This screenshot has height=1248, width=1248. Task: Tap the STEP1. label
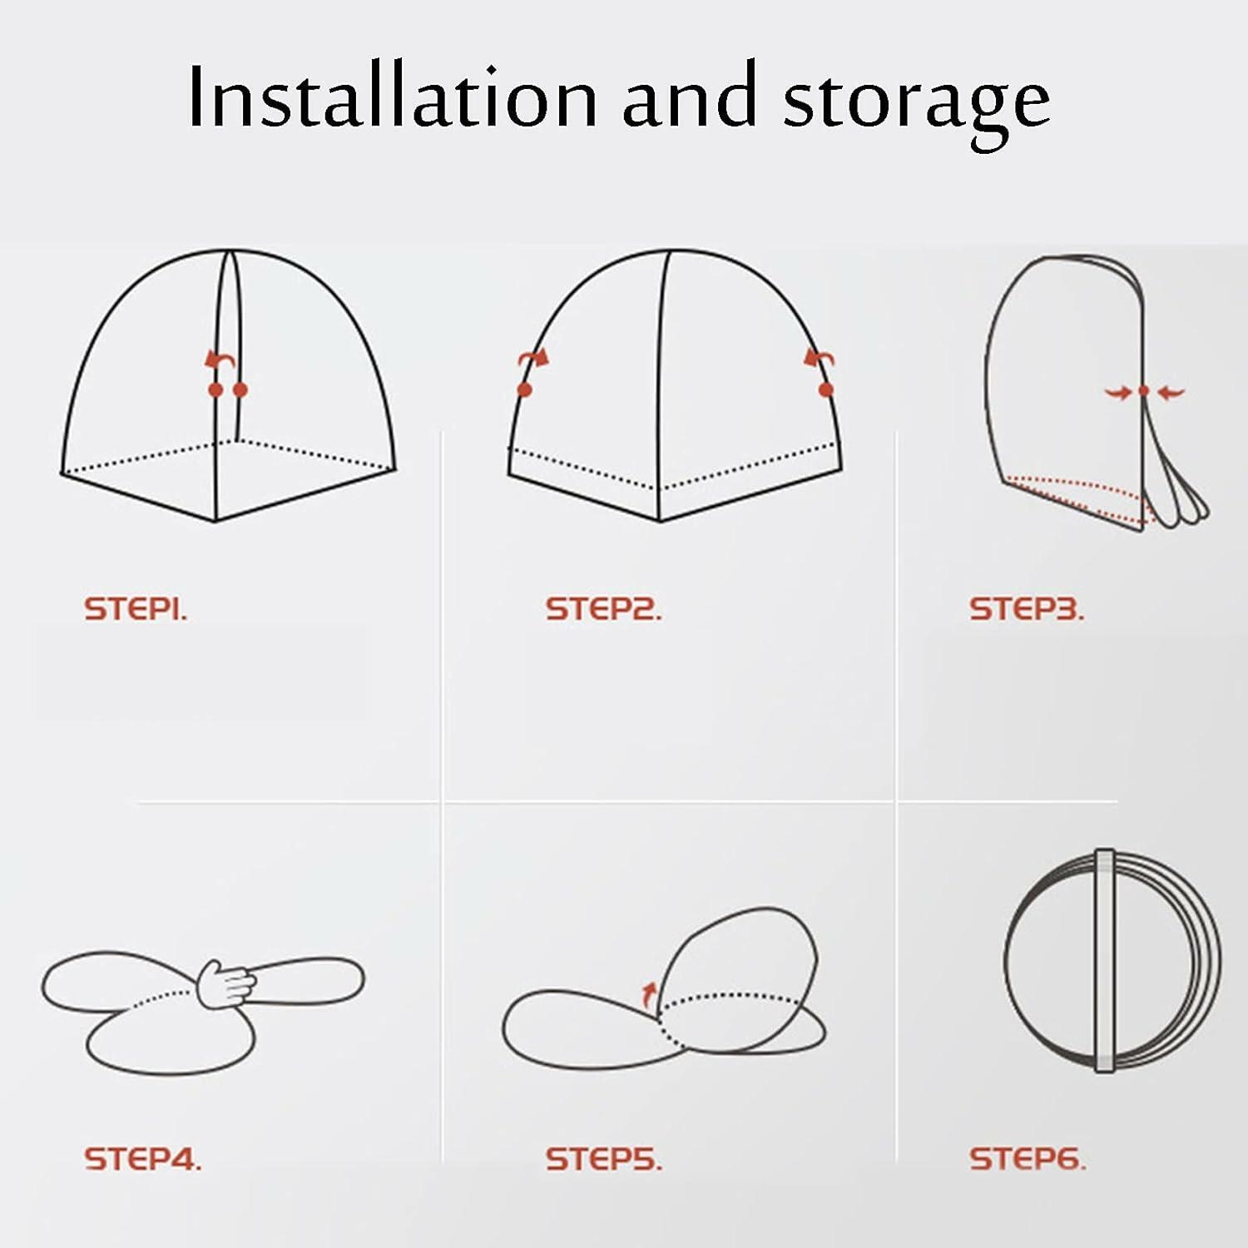tap(136, 609)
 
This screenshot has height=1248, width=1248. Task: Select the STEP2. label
tap(603, 609)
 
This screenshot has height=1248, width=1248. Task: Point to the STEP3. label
tap(1027, 609)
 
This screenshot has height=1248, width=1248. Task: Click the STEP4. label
tap(142, 1159)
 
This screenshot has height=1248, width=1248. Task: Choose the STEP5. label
tap(603, 1159)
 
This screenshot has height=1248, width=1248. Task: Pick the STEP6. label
tap(1027, 1159)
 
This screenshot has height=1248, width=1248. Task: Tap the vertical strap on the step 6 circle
tap(1104, 961)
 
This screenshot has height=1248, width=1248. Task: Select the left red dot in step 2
tap(524, 389)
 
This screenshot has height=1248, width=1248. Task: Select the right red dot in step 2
tap(825, 389)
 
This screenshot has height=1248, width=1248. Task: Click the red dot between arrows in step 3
tap(1144, 390)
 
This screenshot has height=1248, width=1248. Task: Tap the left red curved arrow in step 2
tap(532, 359)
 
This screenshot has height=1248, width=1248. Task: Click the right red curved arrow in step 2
tap(819, 359)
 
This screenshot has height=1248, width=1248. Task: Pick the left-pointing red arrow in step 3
tap(1171, 391)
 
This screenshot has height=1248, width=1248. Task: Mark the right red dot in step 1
tap(240, 389)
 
